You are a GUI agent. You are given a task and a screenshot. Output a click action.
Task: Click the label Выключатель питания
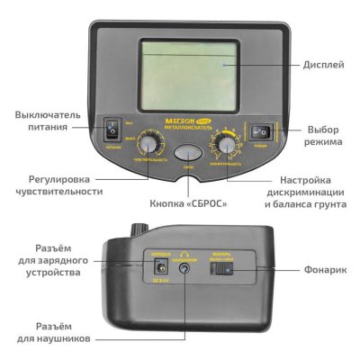tap(50, 121)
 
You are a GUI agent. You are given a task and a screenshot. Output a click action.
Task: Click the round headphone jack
tap(186, 267)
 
